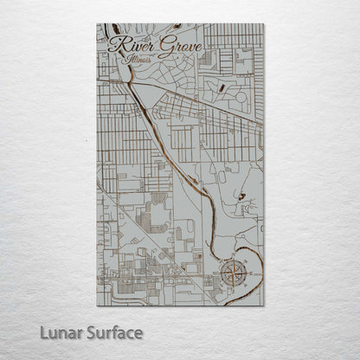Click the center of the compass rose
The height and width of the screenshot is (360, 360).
click(232, 275)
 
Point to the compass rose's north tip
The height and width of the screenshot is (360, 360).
click(232, 259)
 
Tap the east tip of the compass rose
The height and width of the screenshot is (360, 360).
click(248, 275)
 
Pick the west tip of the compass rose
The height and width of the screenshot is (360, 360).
click(216, 275)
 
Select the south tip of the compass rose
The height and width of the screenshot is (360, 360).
click(232, 292)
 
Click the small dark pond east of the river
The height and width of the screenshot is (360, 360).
click(241, 197)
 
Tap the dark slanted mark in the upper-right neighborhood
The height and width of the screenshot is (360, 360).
click(222, 87)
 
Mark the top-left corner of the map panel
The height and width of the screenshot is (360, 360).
click(97, 24)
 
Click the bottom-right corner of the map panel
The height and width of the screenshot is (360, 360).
click(264, 305)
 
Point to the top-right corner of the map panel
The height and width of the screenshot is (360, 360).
click(264, 24)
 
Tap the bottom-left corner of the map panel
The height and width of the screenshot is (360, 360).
click(97, 305)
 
